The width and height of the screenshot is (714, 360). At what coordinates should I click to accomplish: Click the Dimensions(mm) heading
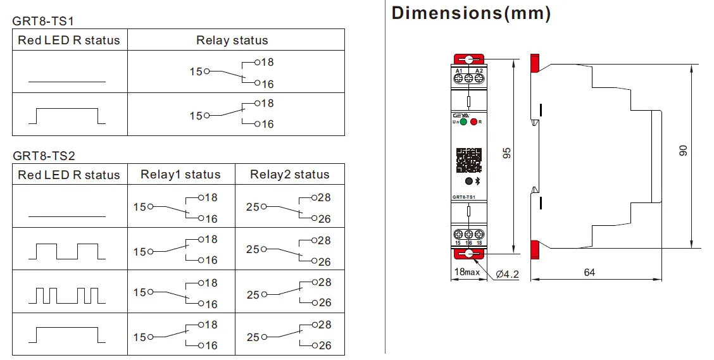(x=471, y=13)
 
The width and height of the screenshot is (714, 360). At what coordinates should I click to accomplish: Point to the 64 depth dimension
(x=589, y=273)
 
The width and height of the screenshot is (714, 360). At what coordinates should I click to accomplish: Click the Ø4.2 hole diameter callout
(x=507, y=274)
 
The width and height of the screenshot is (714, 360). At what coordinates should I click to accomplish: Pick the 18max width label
(x=467, y=273)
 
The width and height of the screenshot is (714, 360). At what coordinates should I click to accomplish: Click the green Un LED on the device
(x=463, y=121)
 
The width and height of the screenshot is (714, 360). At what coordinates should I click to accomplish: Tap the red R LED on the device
(x=473, y=121)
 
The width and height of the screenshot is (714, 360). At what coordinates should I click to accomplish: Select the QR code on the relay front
(x=468, y=160)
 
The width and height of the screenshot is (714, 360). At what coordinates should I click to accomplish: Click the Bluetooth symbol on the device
(x=478, y=181)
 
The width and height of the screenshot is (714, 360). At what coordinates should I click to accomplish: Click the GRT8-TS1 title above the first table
(x=43, y=21)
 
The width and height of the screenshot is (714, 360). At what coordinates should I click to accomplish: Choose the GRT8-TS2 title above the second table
(x=44, y=156)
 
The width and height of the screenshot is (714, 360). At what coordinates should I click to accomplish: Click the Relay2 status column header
(x=289, y=175)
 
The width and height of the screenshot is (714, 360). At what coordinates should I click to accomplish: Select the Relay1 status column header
(x=180, y=175)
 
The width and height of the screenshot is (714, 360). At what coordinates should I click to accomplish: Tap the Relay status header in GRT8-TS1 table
(x=232, y=40)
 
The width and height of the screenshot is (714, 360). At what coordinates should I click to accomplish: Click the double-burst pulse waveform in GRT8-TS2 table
(x=68, y=294)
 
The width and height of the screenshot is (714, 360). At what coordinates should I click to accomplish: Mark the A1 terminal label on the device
(x=459, y=70)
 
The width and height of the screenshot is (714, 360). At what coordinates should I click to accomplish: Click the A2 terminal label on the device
(x=479, y=70)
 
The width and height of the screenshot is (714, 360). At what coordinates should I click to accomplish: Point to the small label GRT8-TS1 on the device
(x=464, y=197)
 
